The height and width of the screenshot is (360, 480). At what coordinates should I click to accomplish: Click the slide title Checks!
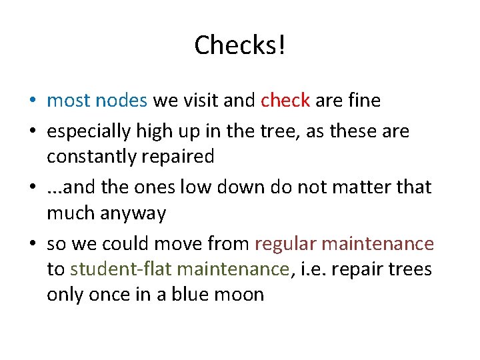[x=240, y=45]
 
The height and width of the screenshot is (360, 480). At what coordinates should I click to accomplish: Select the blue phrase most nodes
[x=97, y=101]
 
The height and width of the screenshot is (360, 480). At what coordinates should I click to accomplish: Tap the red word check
[x=285, y=101]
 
